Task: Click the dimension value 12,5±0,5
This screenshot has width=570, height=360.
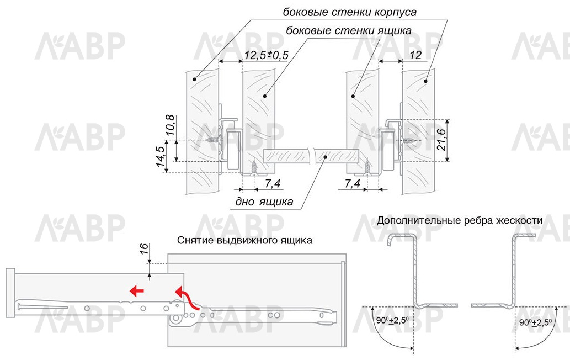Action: (x=266, y=55)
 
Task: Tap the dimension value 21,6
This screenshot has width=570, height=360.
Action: (x=441, y=139)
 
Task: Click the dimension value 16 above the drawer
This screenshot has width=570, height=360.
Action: (x=144, y=248)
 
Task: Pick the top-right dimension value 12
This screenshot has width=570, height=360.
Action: (x=415, y=55)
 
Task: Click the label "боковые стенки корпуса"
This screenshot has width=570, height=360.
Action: (x=350, y=12)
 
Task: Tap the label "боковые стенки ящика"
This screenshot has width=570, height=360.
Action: (x=349, y=30)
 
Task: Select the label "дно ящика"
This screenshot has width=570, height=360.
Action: (x=264, y=202)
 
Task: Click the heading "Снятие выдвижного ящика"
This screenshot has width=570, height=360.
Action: (x=244, y=240)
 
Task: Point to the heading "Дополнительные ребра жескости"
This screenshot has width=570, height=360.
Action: (x=460, y=220)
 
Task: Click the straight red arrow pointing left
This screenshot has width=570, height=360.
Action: (x=137, y=291)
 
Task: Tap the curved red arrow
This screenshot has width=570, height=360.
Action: (x=187, y=298)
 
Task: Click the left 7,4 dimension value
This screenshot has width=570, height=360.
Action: (x=272, y=184)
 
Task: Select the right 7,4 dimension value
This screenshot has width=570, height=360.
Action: (x=352, y=184)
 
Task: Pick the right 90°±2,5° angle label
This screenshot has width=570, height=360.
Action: (x=535, y=323)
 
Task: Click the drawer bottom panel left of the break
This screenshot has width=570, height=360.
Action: (x=285, y=156)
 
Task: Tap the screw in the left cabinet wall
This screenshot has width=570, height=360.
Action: (x=214, y=140)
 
